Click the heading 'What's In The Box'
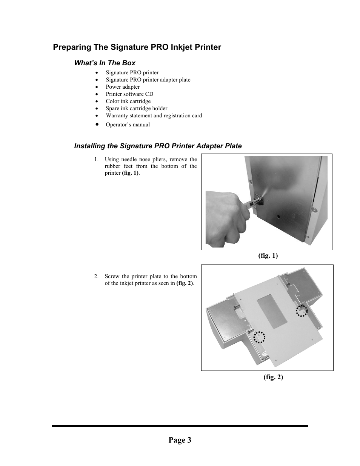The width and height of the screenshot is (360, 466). (x=105, y=63)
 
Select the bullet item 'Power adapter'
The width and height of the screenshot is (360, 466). (x=123, y=87)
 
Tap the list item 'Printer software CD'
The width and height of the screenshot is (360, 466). (x=129, y=94)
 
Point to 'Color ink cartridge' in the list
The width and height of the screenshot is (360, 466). (x=128, y=101)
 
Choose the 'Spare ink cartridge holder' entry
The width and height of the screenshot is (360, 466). (x=136, y=108)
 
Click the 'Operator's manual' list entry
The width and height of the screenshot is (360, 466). (x=128, y=125)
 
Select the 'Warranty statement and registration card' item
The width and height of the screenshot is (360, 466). (x=154, y=115)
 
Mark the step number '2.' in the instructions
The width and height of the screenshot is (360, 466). (x=97, y=276)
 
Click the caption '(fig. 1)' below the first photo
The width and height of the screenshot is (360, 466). (x=268, y=255)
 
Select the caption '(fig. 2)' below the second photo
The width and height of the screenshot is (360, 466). (x=273, y=377)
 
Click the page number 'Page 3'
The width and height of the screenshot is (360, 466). (x=180, y=440)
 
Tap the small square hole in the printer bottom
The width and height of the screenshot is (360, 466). (x=278, y=217)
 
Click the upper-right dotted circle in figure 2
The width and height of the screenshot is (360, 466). (x=302, y=311)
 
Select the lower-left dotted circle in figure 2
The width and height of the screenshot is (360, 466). (x=259, y=337)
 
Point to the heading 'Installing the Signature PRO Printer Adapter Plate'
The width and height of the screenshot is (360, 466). (x=158, y=146)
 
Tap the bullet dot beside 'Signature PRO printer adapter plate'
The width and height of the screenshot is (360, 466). (x=97, y=80)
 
